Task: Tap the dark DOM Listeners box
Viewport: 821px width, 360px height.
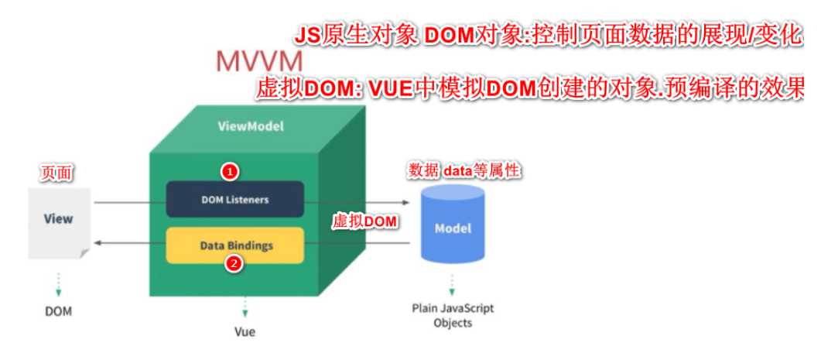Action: tap(234, 199)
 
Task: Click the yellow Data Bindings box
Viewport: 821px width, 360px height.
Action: tap(235, 245)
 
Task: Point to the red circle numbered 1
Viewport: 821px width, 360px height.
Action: tap(229, 170)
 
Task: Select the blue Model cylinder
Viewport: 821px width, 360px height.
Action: tap(453, 226)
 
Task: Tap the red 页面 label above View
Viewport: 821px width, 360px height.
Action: tap(56, 173)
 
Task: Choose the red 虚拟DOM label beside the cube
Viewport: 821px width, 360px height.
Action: tap(364, 221)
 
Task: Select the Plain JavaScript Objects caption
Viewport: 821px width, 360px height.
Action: tap(453, 315)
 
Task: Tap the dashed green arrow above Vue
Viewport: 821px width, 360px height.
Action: tap(245, 307)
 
